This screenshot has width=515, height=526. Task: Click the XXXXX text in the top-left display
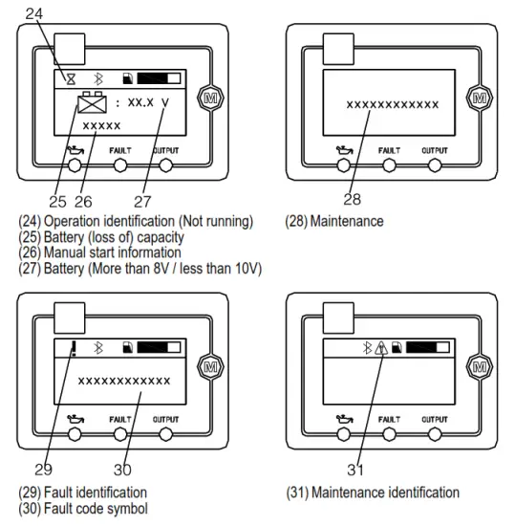tap(101, 126)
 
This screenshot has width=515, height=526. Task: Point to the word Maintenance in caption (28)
tap(348, 222)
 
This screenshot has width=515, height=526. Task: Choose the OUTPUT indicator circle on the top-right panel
tap(435, 164)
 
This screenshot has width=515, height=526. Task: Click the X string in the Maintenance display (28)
tap(393, 103)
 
